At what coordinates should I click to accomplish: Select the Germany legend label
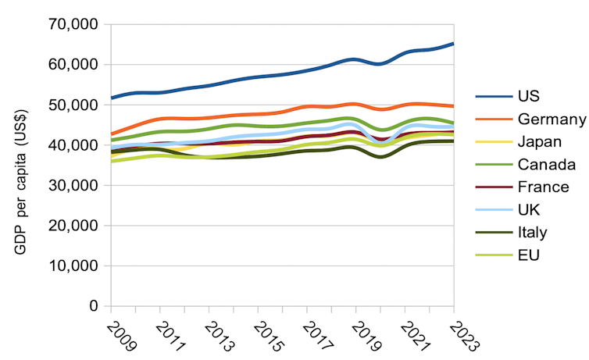click(551, 119)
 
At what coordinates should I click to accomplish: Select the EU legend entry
click(527, 255)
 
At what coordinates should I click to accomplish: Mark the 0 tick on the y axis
click(93, 306)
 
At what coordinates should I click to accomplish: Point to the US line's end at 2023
click(454, 44)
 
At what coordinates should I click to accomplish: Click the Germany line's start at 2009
click(112, 134)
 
